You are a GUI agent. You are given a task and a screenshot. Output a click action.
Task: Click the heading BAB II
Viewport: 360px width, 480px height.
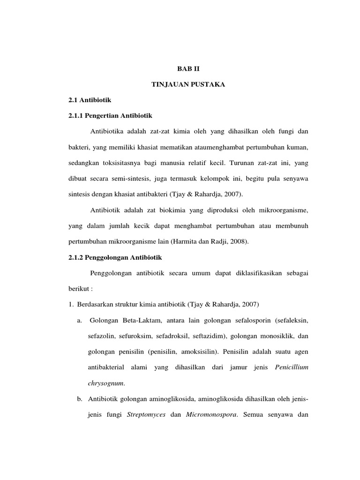[x=188, y=68]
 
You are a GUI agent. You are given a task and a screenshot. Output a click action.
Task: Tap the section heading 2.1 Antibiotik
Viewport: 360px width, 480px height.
[x=89, y=100]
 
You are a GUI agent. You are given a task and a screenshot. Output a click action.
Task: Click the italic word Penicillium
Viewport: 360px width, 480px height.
[x=291, y=367]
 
